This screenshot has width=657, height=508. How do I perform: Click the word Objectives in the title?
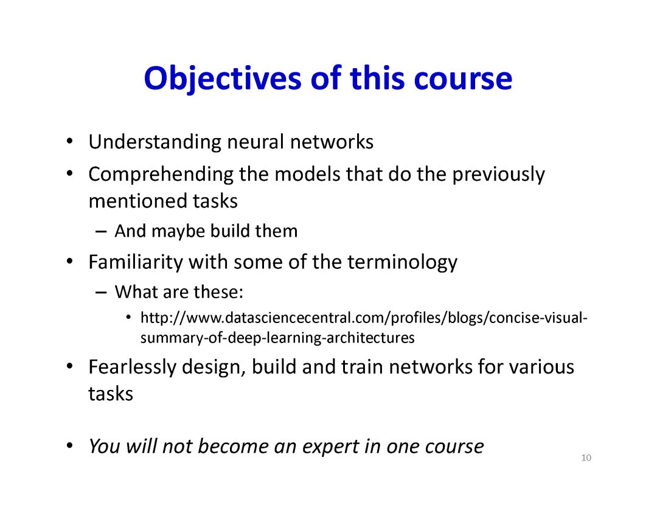[222, 80]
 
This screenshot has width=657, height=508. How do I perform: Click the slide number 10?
[586, 458]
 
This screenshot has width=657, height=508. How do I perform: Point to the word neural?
[255, 142]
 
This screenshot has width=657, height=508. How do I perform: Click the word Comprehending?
[161, 175]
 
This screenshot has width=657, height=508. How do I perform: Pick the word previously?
[499, 175]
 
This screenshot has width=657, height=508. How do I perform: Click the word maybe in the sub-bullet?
[178, 232]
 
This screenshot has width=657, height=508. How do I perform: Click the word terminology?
[402, 263]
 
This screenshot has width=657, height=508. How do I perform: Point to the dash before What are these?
[101, 293]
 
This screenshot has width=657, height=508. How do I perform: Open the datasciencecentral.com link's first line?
[364, 318]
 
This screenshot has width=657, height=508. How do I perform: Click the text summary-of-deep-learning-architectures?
[277, 338]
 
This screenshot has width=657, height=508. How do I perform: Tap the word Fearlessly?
[133, 367]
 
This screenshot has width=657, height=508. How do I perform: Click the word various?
[541, 367]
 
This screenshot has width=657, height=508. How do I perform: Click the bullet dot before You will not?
[69, 445]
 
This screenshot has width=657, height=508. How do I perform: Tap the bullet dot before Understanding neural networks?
[69, 141]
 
